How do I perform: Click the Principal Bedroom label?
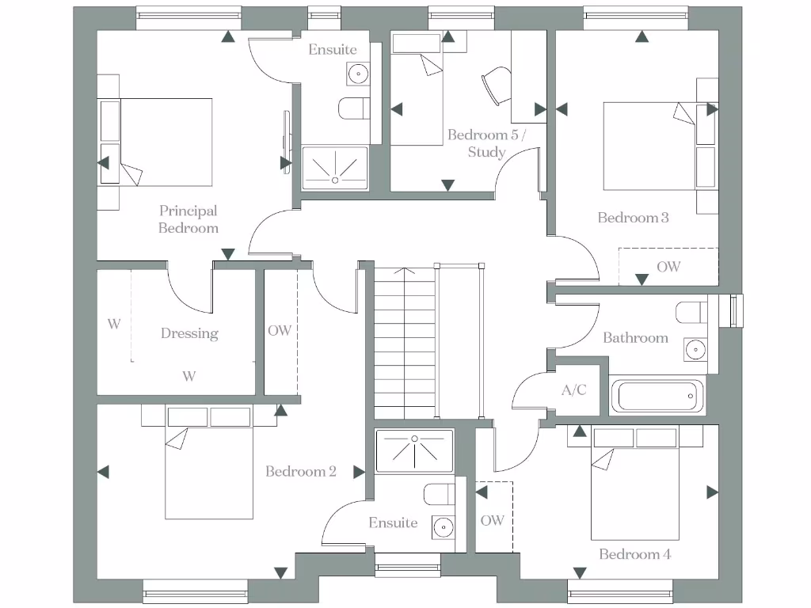pos(188,219)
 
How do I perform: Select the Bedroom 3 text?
pos(633,218)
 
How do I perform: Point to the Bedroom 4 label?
pos(634,554)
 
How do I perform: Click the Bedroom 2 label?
pos(301,472)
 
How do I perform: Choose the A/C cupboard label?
pos(574,389)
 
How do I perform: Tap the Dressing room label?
pos(189,333)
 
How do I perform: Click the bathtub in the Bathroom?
pos(657,396)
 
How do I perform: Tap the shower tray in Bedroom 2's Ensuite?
pos(413,450)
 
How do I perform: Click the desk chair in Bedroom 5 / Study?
pos(494,84)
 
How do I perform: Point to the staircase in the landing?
pos(404,342)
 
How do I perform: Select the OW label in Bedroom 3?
pos(668,267)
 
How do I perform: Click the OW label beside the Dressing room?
pos(280,331)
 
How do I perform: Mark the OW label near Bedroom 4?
pos(492,520)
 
